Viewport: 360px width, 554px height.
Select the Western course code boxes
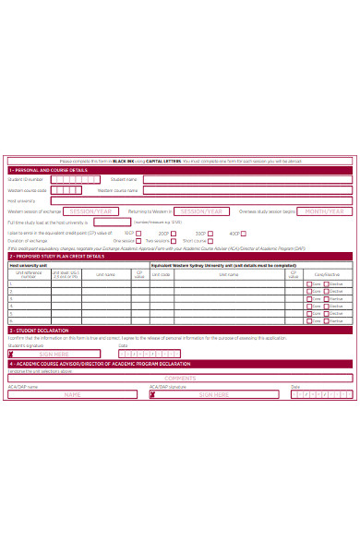(72, 190)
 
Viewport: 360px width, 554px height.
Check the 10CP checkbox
(138, 234)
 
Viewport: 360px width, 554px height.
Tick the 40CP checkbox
(245, 234)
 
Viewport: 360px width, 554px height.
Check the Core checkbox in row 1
(309, 284)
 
